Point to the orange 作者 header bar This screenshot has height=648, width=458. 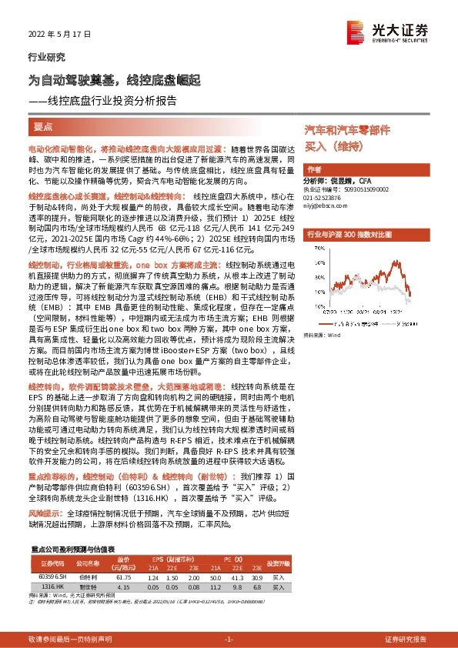366,169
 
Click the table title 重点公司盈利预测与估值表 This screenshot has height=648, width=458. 72,549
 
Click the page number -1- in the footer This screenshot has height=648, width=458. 229,640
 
